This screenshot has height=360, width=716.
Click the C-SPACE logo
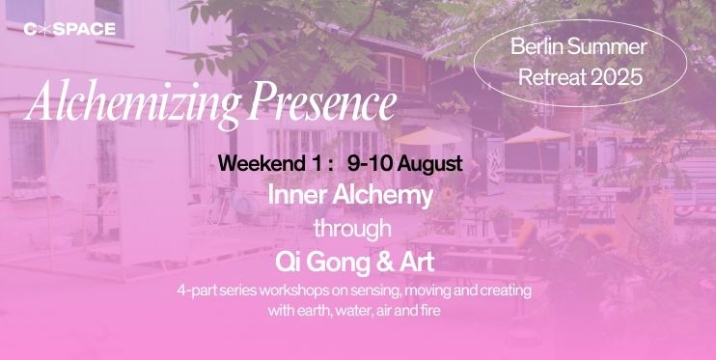click(69, 29)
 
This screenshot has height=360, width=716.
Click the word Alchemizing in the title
click(133, 103)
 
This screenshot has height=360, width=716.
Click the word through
click(352, 230)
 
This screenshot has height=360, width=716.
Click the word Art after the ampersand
click(418, 263)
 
